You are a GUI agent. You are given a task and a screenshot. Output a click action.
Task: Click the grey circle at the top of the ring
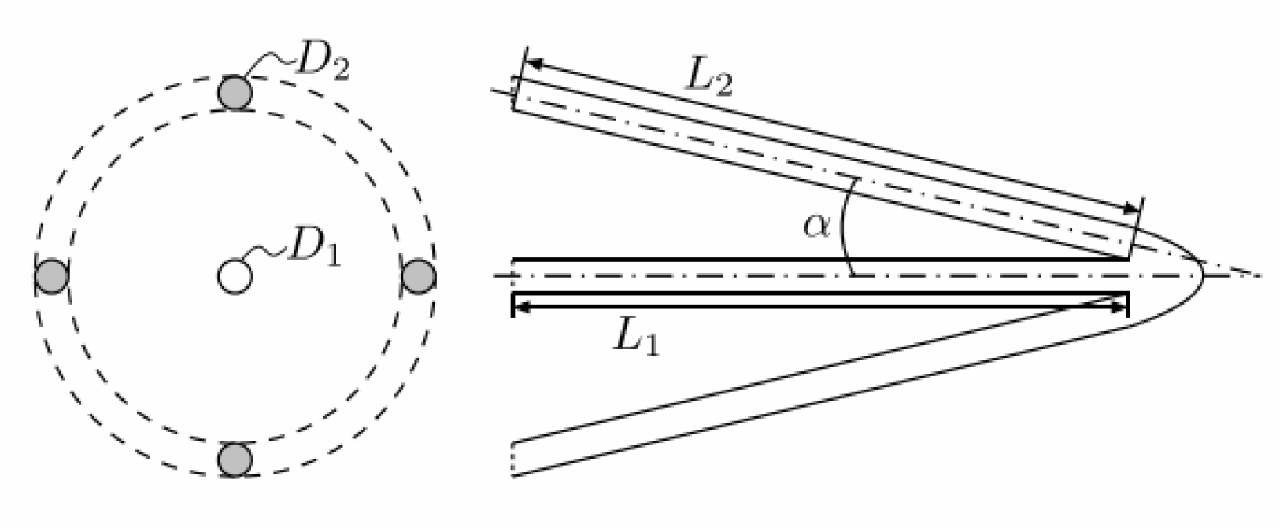click(x=235, y=92)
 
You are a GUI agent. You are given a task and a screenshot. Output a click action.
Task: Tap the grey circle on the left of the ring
click(x=52, y=276)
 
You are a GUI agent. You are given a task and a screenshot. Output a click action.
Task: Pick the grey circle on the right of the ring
click(x=418, y=276)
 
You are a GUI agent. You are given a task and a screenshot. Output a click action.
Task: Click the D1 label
click(x=314, y=249)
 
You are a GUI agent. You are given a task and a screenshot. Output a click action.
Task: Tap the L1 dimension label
click(x=636, y=338)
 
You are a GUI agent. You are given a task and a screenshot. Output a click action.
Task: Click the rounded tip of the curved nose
click(x=1201, y=276)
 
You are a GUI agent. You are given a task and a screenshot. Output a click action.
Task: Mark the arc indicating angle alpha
click(x=844, y=236)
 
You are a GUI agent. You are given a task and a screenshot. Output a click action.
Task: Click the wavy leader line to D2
click(x=268, y=63)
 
